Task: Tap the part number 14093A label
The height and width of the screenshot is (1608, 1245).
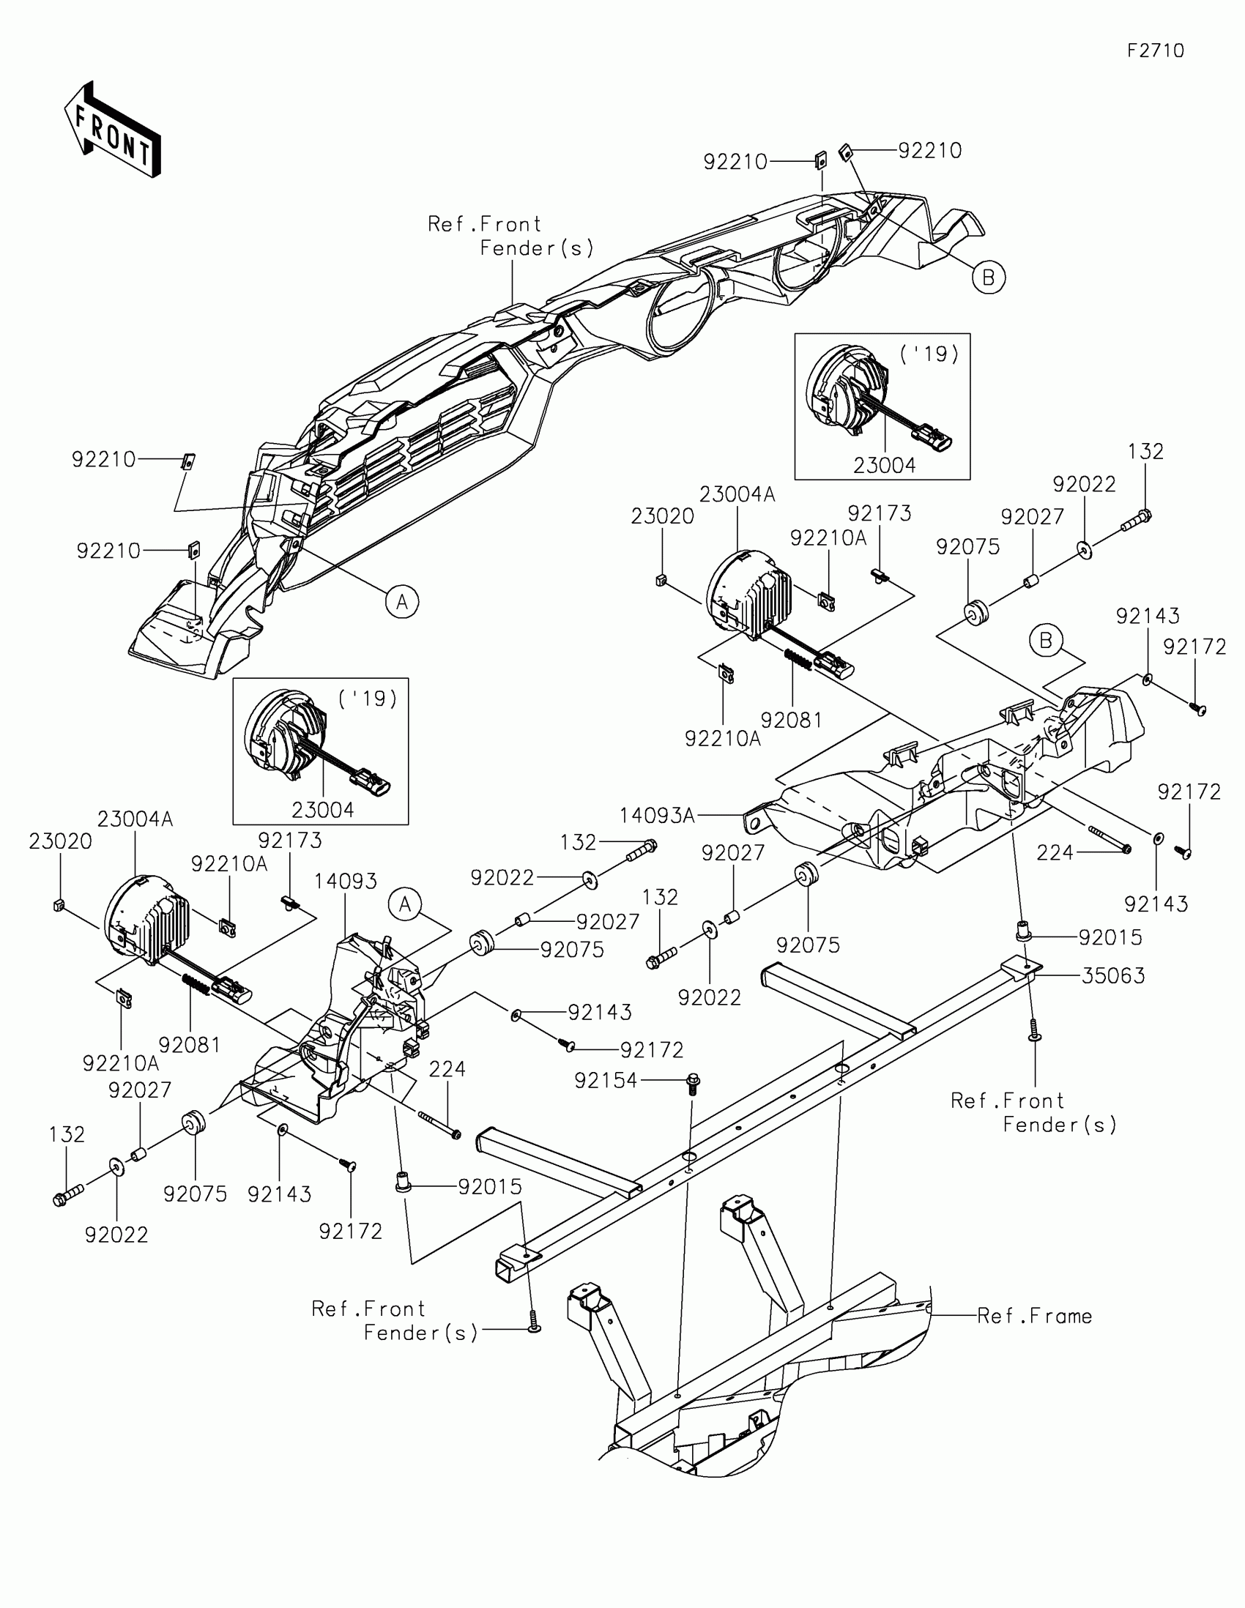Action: tap(657, 815)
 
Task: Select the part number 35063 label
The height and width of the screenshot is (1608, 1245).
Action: tap(1112, 975)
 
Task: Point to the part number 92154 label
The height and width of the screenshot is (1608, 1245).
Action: tap(606, 1080)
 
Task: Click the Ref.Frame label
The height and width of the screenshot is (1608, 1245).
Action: tap(1033, 1316)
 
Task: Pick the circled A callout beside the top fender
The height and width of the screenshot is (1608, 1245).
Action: tap(402, 602)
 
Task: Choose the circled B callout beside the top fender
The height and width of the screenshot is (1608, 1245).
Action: tap(988, 278)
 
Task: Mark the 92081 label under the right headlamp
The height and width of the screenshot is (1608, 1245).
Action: tap(791, 720)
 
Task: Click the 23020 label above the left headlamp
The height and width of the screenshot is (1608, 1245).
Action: tap(60, 841)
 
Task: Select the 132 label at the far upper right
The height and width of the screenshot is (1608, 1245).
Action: tap(1145, 451)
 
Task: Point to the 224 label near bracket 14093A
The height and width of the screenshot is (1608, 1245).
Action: tap(1055, 852)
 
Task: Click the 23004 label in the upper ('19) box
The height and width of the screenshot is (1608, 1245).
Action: tap(884, 465)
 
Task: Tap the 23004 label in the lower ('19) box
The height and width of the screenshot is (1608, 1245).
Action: tap(322, 810)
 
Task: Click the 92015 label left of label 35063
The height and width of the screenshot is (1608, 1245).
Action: tap(1110, 937)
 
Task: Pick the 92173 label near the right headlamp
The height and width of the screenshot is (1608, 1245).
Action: tap(879, 513)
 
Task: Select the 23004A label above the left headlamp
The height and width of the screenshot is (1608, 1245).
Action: tap(135, 819)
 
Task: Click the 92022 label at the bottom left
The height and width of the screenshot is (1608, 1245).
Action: tap(116, 1235)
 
